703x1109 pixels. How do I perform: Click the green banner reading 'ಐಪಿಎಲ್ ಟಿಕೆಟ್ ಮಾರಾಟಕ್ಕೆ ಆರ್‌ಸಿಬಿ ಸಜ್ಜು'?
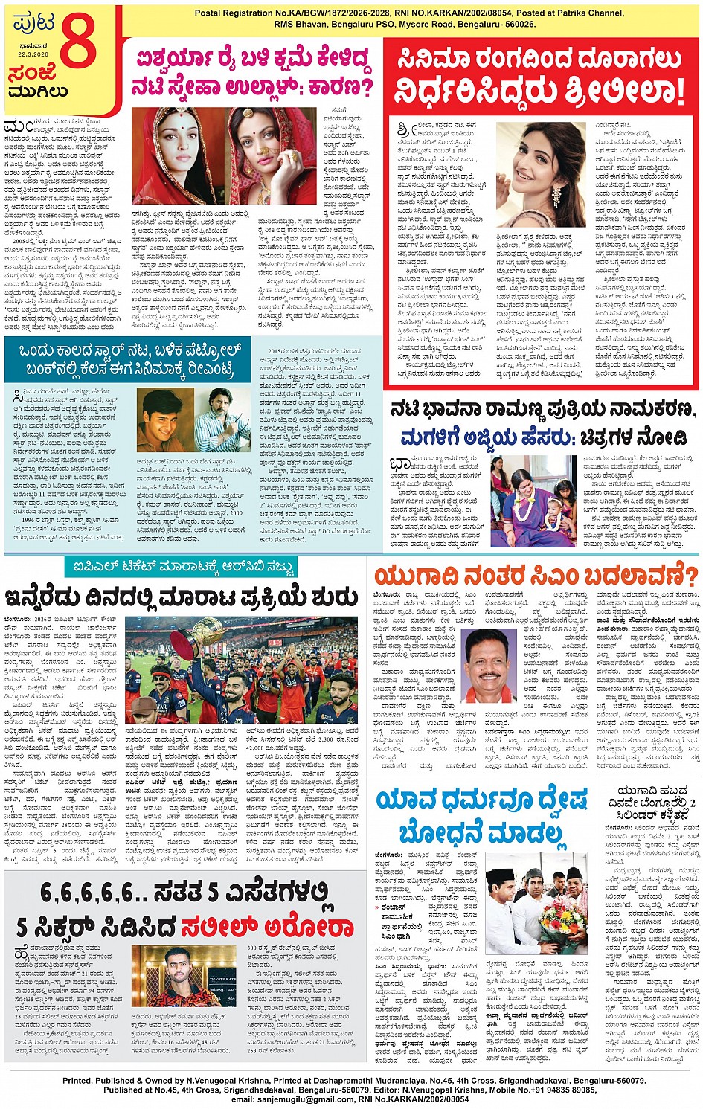pos(179,568)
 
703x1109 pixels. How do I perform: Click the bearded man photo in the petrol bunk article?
pos(223,418)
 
